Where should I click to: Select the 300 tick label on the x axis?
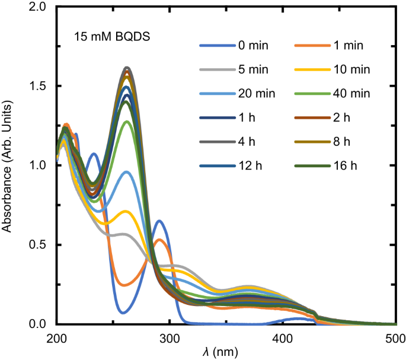pyautogui.click(x=170, y=338)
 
